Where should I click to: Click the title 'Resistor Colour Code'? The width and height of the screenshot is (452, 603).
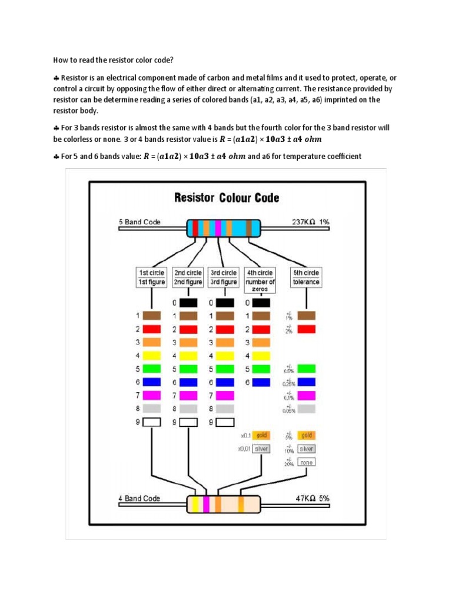coord(227,198)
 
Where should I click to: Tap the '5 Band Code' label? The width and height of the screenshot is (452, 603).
coord(140,223)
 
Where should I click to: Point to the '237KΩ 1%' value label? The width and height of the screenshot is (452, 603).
coord(311,223)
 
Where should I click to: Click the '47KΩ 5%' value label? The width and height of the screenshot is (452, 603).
coord(312,498)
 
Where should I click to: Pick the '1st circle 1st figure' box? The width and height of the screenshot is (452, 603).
coord(151,277)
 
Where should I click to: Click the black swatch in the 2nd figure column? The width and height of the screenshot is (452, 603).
coord(188,303)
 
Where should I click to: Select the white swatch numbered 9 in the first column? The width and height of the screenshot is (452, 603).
coord(151,422)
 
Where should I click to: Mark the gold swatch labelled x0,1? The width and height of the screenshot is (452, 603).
coord(261,435)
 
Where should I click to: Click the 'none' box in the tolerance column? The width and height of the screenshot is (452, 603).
coord(306,462)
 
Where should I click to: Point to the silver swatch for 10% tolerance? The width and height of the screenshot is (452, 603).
coord(306,449)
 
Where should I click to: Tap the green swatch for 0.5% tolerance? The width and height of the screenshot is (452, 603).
coord(306,369)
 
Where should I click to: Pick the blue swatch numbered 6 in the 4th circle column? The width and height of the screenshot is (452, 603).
coord(261,382)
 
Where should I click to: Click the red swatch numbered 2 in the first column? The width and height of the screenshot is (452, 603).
coord(151,329)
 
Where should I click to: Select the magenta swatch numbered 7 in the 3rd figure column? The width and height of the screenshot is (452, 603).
coord(225,395)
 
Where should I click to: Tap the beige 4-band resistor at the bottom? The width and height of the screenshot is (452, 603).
coord(224,504)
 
